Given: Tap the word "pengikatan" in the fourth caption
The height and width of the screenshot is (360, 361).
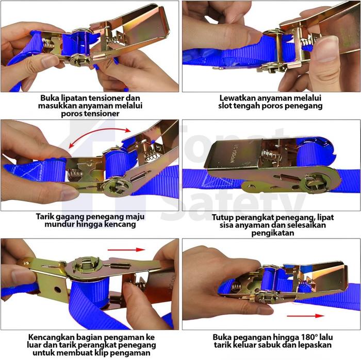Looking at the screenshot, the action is pos(273,233).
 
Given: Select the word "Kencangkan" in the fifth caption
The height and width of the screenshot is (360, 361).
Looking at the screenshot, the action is pos(51,337).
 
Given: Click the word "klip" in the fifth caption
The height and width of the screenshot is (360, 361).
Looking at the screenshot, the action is pos(109,353).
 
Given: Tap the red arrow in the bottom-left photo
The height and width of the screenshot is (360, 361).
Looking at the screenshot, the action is pos(126,250).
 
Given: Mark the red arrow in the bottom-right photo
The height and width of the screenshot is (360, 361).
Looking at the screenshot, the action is pos(305,316).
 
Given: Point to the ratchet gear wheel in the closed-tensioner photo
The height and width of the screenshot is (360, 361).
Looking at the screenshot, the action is pos(316,183).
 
